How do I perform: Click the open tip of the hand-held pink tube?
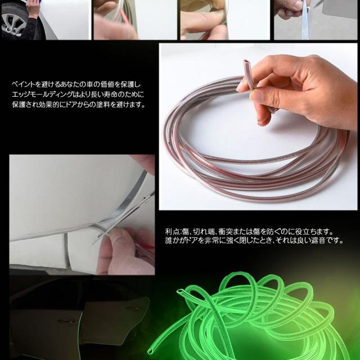point(246,62)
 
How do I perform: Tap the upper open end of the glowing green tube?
point(180,292)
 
